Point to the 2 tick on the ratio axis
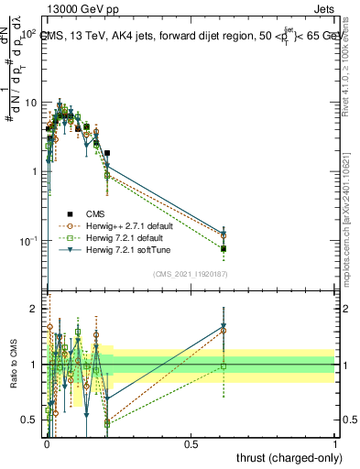click(34, 309)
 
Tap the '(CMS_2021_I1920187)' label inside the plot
click(191, 274)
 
